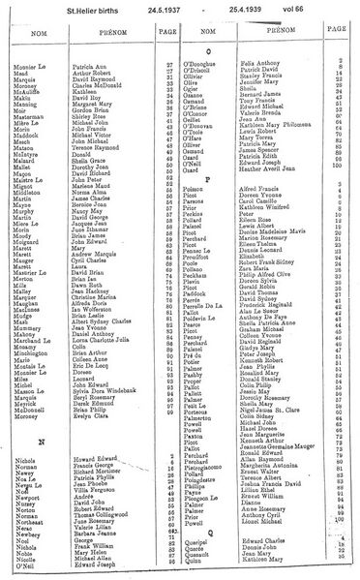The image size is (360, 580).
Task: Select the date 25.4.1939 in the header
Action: pyautogui.click(x=243, y=10)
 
